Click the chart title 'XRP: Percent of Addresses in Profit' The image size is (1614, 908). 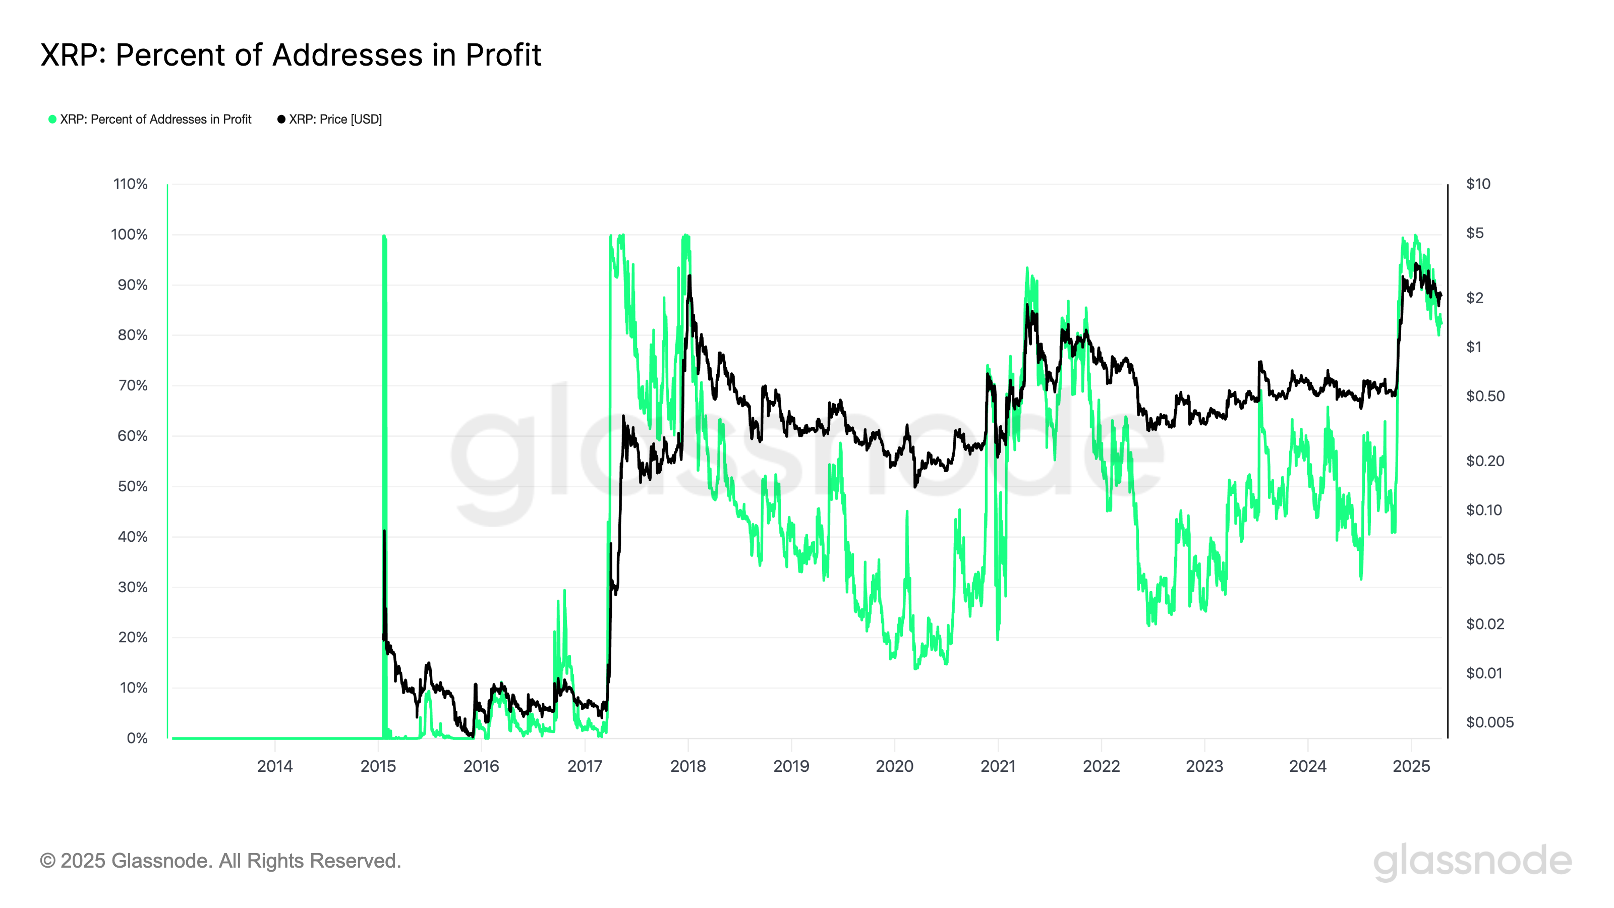point(291,55)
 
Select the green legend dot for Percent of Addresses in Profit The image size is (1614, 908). point(52,119)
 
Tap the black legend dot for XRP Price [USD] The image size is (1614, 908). point(281,119)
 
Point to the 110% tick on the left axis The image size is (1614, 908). point(130,184)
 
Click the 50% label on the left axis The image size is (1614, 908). point(133,486)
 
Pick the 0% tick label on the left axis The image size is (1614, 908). point(137,738)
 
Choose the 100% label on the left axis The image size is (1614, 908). point(130,235)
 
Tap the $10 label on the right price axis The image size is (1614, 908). point(1478,184)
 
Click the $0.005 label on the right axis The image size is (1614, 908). point(1489,722)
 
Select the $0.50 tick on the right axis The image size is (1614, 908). point(1485,396)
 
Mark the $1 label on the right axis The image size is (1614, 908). point(1474,347)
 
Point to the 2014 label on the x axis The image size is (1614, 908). point(274,766)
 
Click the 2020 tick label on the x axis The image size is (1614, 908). point(894,766)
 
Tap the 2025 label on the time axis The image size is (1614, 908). point(1411,766)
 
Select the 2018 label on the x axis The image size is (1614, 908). point(688,766)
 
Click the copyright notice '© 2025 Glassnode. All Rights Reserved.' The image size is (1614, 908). point(220,861)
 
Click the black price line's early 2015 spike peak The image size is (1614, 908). point(384,531)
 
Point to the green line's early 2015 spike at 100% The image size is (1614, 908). point(383,237)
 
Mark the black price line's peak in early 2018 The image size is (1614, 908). point(690,276)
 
